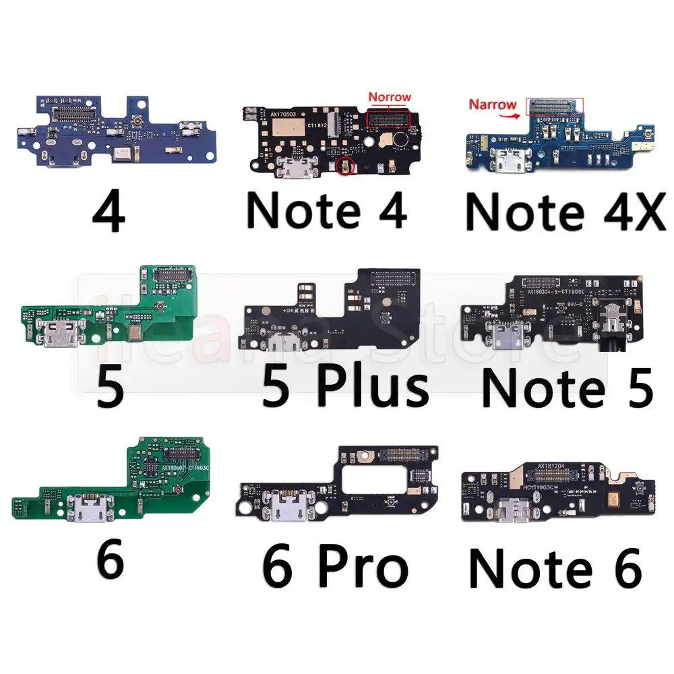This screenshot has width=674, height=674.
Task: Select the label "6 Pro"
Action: point(335,568)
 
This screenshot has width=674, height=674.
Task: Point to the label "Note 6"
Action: point(555,568)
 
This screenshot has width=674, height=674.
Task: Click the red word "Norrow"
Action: point(389,97)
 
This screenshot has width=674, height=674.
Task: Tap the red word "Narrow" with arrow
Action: point(493,104)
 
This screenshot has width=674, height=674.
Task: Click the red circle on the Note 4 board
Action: point(345,166)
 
